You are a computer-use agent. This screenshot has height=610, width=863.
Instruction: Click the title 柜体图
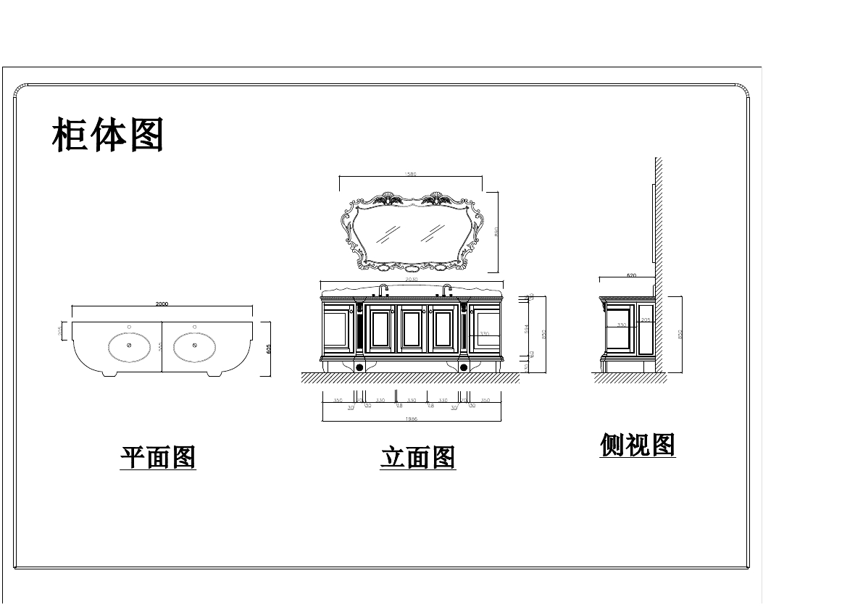point(108,135)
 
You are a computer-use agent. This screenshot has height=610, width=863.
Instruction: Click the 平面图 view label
point(158,458)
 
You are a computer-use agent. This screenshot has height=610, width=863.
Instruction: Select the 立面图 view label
point(418,458)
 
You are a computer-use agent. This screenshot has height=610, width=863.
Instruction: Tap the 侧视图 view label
point(638,445)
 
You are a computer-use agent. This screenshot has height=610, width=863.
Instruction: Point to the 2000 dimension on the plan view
point(162,304)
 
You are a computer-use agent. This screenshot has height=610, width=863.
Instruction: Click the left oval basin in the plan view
point(130,346)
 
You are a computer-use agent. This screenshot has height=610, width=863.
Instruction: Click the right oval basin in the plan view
point(196,346)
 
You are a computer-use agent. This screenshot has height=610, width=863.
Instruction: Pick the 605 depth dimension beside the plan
point(269,349)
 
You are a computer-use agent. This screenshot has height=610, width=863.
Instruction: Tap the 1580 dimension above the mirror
point(410,174)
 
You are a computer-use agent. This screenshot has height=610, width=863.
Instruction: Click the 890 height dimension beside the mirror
point(496,231)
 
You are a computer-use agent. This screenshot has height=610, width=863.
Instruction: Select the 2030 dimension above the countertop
point(412,279)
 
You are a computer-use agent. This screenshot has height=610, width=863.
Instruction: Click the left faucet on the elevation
point(382,290)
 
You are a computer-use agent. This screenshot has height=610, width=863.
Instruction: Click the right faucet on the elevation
point(446,290)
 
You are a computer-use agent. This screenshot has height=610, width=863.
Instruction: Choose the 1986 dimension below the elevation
point(412,418)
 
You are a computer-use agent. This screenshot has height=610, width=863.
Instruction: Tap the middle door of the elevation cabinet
point(412,330)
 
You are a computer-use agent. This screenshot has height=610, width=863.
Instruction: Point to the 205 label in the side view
point(646,319)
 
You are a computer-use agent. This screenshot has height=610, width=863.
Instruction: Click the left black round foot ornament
point(359,367)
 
